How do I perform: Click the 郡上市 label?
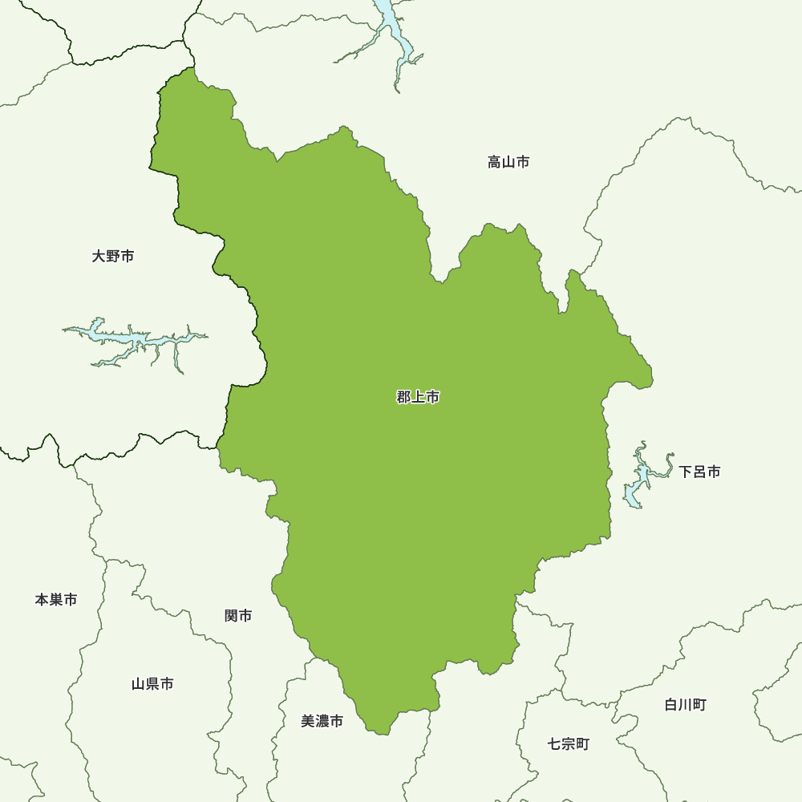(x=418, y=397)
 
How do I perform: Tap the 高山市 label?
(x=508, y=163)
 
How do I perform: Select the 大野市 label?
(x=113, y=257)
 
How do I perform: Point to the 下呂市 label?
(x=699, y=472)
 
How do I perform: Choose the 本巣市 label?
(x=56, y=599)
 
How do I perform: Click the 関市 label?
(x=238, y=616)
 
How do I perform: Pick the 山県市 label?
(x=152, y=684)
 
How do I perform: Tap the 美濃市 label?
(x=322, y=721)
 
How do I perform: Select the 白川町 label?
(x=685, y=705)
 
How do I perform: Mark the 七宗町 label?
(x=569, y=743)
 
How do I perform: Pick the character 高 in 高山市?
(x=494, y=163)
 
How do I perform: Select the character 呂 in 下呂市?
(x=699, y=472)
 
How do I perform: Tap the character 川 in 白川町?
(x=685, y=705)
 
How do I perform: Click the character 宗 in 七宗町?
(x=569, y=743)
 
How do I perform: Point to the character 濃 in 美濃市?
(x=322, y=721)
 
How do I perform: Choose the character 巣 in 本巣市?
(x=56, y=599)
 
